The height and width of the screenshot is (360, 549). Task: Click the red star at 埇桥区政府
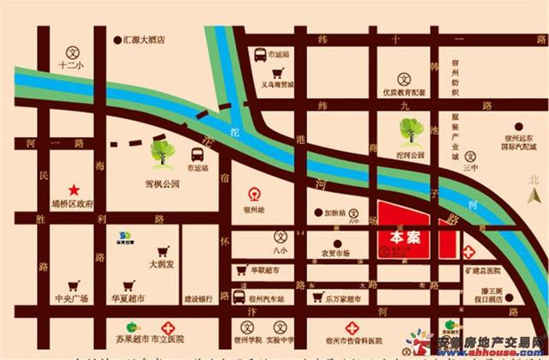point(74,189)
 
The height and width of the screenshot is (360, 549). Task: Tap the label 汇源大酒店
point(142,39)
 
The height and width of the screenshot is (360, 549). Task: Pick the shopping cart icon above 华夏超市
point(128,285)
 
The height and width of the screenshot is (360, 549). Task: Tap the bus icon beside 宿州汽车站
point(238,297)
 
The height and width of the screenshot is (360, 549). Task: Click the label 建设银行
point(198,300)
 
